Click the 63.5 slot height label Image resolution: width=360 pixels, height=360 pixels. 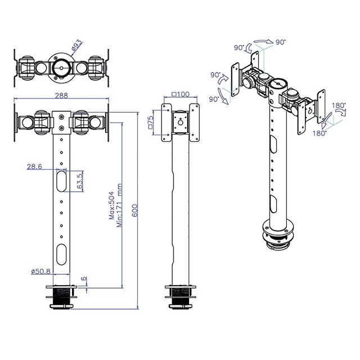(x=80, y=183)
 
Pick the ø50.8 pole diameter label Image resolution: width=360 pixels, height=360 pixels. (x=41, y=271)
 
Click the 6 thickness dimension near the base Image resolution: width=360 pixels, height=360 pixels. (x=84, y=280)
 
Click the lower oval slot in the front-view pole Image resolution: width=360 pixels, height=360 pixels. (x=61, y=251)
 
